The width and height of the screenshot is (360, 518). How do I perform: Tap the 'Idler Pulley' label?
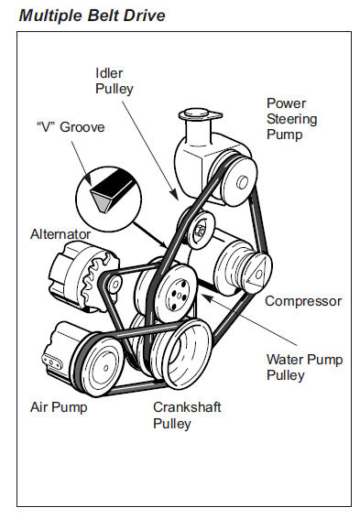(x=115, y=81)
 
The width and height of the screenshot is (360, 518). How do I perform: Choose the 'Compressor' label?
(x=303, y=300)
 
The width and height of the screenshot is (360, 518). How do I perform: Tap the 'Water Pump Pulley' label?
(x=304, y=367)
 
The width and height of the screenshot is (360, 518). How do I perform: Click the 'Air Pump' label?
(x=58, y=407)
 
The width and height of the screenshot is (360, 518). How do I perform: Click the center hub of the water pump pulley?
(x=177, y=296)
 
